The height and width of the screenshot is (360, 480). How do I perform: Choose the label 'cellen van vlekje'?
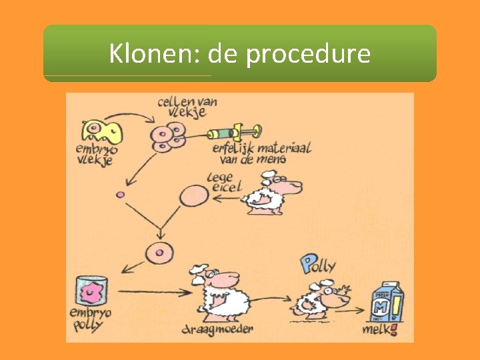[x=187, y=107]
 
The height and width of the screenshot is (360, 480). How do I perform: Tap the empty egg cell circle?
[x=194, y=196]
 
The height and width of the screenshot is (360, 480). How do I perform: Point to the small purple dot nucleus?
[x=121, y=195]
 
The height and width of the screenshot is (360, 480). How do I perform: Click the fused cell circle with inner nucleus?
[x=159, y=254]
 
